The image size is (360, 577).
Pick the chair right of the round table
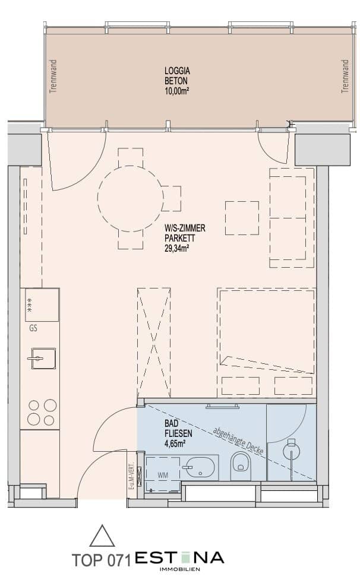click(x=171, y=198)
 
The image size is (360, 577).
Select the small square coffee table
click(x=242, y=218)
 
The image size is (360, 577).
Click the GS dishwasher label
click(x=33, y=328)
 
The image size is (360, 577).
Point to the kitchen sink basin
click(x=43, y=359)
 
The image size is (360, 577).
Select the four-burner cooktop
click(x=42, y=412)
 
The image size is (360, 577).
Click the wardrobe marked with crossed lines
click(x=154, y=343)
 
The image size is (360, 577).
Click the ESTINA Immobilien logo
click(x=179, y=559)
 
